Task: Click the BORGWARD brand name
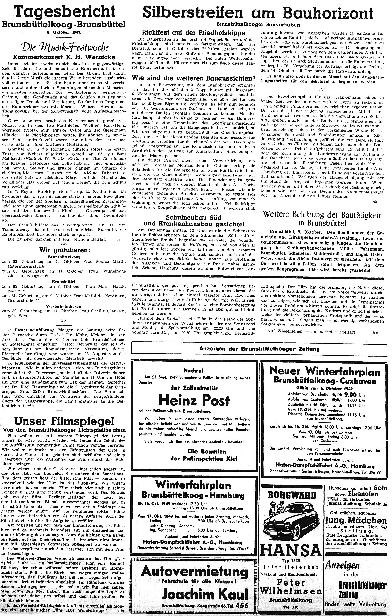click(292, 493)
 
